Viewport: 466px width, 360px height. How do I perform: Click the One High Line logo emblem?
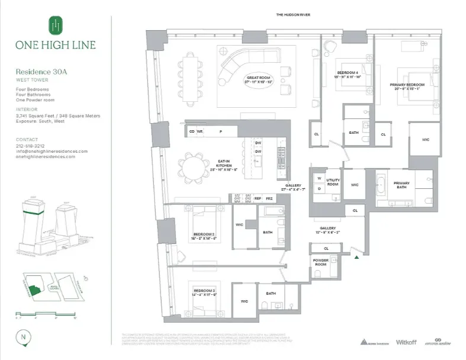point(55,25)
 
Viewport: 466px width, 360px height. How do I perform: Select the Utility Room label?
point(333,182)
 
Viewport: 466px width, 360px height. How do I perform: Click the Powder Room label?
point(320,264)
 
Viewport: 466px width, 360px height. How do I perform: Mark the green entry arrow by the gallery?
point(356,257)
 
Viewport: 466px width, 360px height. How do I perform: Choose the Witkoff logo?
point(407,342)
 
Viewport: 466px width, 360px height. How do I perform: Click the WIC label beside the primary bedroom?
point(425,139)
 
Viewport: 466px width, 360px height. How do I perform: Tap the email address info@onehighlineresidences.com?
point(52,151)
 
